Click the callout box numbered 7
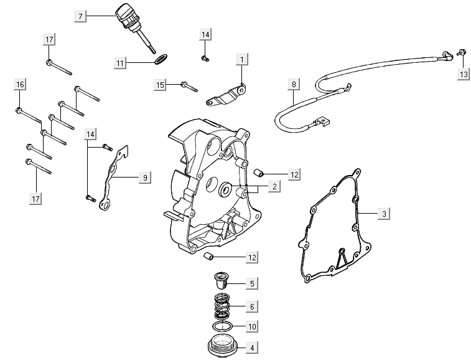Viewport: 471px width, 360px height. coord(80,15)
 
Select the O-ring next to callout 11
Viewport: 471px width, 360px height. coord(160,60)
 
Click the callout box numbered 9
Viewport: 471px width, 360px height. coord(144,178)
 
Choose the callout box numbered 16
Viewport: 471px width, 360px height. coord(21,85)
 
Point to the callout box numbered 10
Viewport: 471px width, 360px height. coord(252,326)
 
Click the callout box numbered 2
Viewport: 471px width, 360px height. coord(274,186)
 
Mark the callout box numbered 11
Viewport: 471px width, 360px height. coord(121,62)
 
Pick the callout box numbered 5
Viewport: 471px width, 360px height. coord(252,284)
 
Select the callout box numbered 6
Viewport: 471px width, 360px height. coord(252,306)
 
